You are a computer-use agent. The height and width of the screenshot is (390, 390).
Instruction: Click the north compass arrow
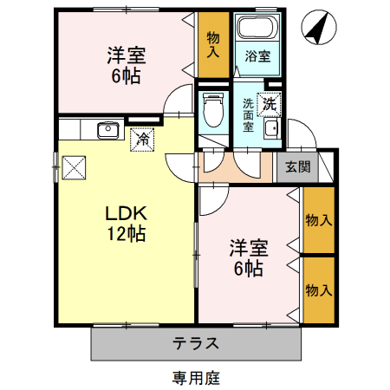pyautogui.click(x=316, y=29)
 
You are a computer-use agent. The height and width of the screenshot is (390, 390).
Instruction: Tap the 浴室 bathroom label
pyautogui.click(x=257, y=56)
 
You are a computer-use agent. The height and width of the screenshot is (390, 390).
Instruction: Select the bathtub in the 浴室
pyautogui.click(x=257, y=28)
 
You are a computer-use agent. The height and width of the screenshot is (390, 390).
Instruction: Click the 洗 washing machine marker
pyautogui.click(x=270, y=103)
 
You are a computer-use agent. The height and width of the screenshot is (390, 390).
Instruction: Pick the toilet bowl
pyautogui.click(x=210, y=110)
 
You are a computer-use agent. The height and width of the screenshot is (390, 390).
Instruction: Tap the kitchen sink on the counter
pyautogui.click(x=107, y=130)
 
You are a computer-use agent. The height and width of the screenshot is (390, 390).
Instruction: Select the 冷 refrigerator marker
pyautogui.click(x=140, y=138)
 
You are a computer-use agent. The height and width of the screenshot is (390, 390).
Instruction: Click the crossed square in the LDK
pyautogui.click(x=74, y=166)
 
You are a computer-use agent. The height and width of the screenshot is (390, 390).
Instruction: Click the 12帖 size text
pyautogui.click(x=127, y=233)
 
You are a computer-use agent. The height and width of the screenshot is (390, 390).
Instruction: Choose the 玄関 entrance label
pyautogui.click(x=297, y=167)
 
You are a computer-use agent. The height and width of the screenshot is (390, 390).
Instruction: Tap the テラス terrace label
pyautogui.click(x=194, y=342)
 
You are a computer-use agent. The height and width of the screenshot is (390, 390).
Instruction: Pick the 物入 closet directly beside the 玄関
pyautogui.click(x=318, y=220)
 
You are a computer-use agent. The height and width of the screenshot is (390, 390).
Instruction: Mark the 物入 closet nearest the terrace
pyautogui.click(x=318, y=289)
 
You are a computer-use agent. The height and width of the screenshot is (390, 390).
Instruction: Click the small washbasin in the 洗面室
pyautogui.click(x=270, y=130)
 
